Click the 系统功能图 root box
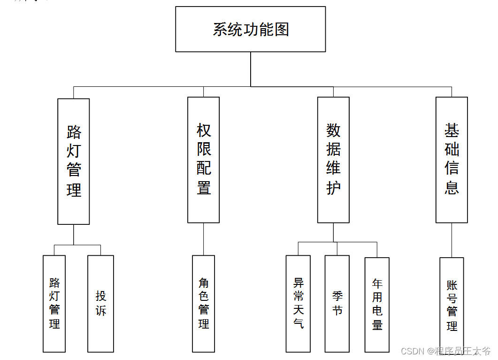click(x=250, y=29)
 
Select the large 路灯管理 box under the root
click(x=74, y=161)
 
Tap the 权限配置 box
click(x=203, y=160)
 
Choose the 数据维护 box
click(x=333, y=160)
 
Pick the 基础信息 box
click(x=452, y=160)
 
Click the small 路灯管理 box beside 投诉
click(x=54, y=303)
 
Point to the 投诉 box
click(x=101, y=303)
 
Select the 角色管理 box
click(x=203, y=303)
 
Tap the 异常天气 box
click(x=298, y=303)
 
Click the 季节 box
click(x=337, y=303)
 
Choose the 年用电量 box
click(x=377, y=304)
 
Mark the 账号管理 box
click(x=452, y=305)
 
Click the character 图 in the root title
click(x=282, y=30)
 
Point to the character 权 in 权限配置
click(x=204, y=130)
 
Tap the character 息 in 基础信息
click(x=452, y=188)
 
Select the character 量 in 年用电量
click(x=377, y=325)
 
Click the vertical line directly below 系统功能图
click(x=251, y=69)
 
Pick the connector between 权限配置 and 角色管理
click(x=203, y=239)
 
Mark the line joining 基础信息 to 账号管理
click(x=452, y=240)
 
